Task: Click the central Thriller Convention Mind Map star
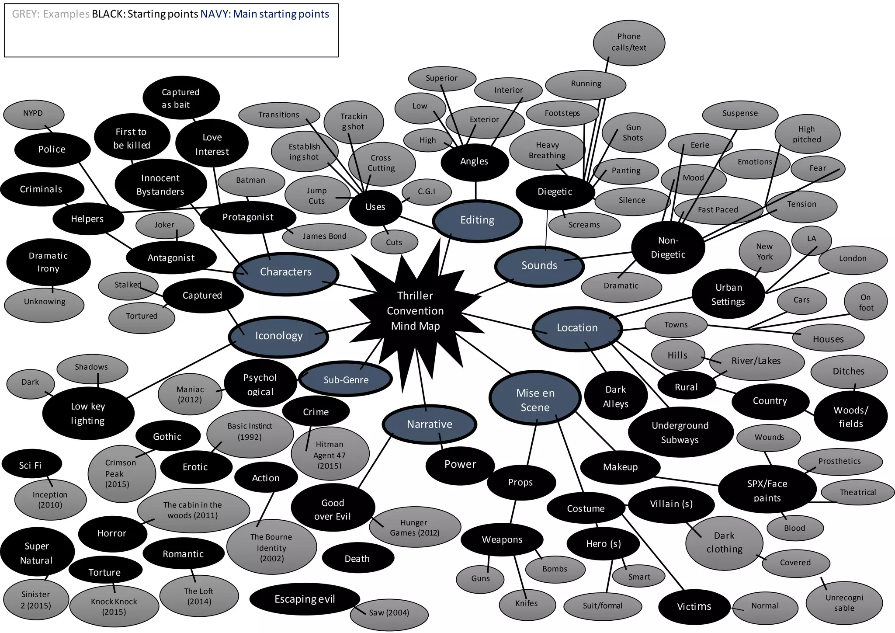[x=415, y=311]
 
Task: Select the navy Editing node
[x=477, y=220]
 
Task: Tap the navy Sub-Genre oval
[x=346, y=380]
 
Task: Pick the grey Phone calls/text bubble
[x=629, y=42]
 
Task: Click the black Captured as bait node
[x=180, y=98]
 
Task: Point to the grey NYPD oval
[x=33, y=114]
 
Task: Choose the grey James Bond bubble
[x=324, y=237]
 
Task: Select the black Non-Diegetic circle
[x=668, y=247]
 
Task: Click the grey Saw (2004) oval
[x=389, y=613]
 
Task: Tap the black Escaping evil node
[x=305, y=599]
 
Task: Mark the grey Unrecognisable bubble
[x=844, y=603]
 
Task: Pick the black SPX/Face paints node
[x=767, y=490]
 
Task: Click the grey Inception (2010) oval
[x=50, y=500]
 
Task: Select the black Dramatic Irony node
[x=48, y=262]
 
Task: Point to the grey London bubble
[x=853, y=259]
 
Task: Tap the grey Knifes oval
[x=527, y=604]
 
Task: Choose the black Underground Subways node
[x=680, y=432]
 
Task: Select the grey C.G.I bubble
[x=427, y=191]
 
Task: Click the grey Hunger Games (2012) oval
[x=414, y=528]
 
